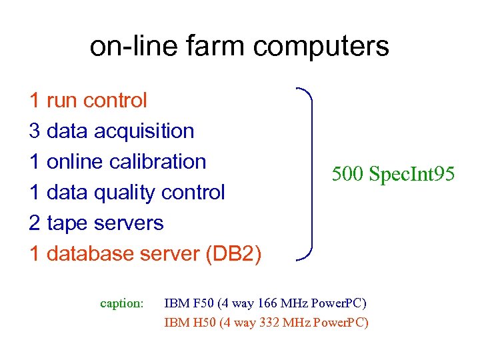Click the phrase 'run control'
pyautogui.click(x=97, y=101)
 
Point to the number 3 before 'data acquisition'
pyautogui.click(x=35, y=131)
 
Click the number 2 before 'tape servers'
pyautogui.click(x=35, y=223)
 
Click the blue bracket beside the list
pyautogui.click(x=308, y=173)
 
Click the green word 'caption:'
pyautogui.click(x=121, y=304)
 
